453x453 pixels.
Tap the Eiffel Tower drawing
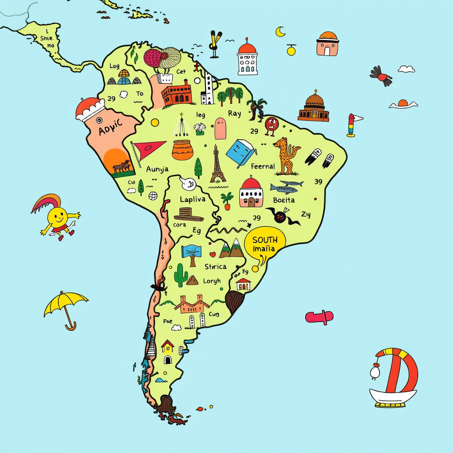(217, 164)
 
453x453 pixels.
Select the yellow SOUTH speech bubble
(265, 244)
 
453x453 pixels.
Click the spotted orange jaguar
(285, 155)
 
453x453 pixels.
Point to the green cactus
(180, 275)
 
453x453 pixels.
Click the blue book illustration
(241, 153)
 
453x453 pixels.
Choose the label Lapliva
(192, 199)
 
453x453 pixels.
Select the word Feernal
(263, 167)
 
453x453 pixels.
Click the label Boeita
(284, 200)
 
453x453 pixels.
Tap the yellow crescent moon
(280, 31)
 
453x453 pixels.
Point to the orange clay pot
(182, 150)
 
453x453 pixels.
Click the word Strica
(215, 266)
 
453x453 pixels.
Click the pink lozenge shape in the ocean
(319, 317)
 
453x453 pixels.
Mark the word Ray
(234, 114)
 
